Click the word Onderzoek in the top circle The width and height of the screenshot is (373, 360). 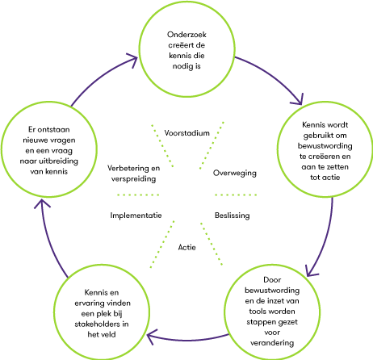tap(186, 35)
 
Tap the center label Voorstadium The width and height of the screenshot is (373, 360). tap(186, 133)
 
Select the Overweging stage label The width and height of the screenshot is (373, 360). tap(235, 173)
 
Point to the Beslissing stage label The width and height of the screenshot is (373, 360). tap(232, 216)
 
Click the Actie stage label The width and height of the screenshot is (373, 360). tap(186, 247)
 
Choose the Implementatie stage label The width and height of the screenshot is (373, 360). tap(136, 216)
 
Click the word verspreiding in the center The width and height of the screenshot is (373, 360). tap(133, 179)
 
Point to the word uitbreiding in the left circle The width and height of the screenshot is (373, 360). tap(58, 161)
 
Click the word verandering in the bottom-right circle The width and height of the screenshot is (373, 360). tap(272, 343)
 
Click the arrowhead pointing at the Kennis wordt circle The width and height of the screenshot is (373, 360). tap(298, 100)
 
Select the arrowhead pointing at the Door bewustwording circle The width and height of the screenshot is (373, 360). tap(311, 271)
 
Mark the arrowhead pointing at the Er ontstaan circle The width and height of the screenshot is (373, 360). tap(42, 203)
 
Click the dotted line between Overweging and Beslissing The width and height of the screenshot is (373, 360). tap(236, 195)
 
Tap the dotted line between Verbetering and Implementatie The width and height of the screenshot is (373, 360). tap(138, 195)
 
